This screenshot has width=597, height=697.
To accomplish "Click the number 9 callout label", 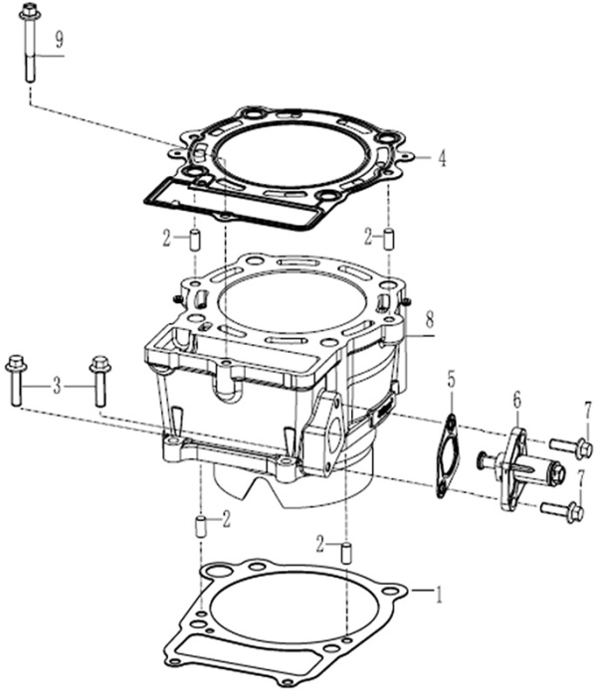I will click(60, 41).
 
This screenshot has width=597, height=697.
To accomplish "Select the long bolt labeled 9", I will click(28, 50).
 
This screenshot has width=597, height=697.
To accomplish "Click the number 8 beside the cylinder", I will click(429, 320).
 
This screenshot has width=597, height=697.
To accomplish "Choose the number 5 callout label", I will click(451, 380).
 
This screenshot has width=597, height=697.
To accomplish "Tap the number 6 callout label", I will click(517, 399).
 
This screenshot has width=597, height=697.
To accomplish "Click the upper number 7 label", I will click(588, 410).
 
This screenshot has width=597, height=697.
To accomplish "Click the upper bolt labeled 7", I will click(570, 447).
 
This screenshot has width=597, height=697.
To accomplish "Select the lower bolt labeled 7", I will click(562, 512).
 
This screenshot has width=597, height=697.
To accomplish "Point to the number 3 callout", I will click(57, 384).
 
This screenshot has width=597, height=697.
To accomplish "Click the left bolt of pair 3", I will click(16, 380).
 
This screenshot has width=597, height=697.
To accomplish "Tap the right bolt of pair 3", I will click(99, 380).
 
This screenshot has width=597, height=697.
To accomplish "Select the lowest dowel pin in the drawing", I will click(346, 552).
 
